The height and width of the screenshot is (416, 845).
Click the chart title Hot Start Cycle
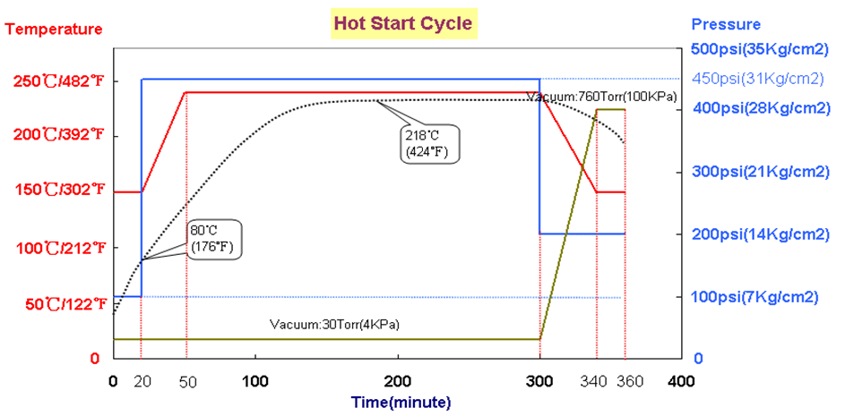pos(402,22)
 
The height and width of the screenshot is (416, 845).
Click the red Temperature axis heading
pos(56,29)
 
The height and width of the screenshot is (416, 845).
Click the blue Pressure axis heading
pos(727,24)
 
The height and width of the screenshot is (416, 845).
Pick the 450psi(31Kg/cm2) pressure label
pos(758,79)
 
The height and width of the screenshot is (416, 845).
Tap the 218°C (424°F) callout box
pos(431,143)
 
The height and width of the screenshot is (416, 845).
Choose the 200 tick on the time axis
pos(397,379)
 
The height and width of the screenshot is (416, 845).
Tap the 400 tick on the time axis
pos(680,379)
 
